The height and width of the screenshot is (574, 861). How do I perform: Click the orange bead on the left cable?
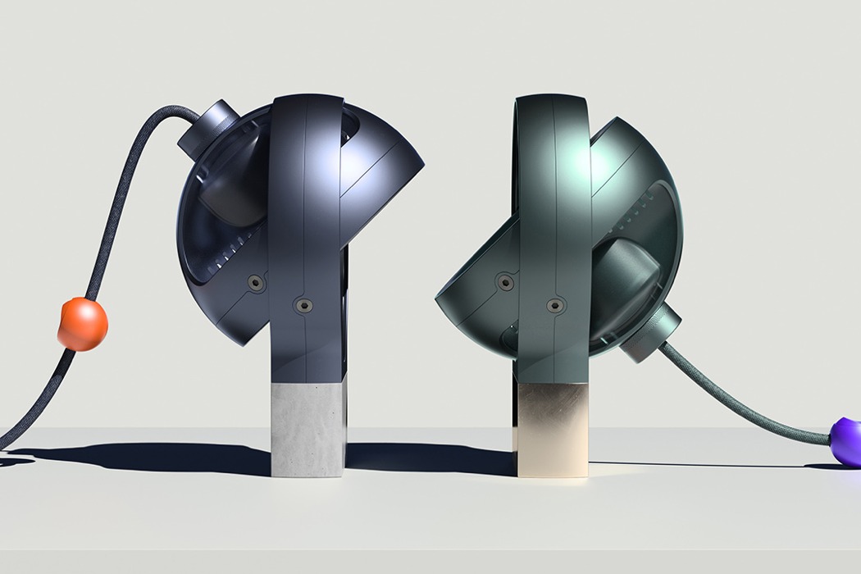[x=82, y=324]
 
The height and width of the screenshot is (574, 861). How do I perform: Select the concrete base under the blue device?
[x=307, y=431]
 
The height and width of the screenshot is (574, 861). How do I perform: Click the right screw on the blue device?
[x=305, y=305]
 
